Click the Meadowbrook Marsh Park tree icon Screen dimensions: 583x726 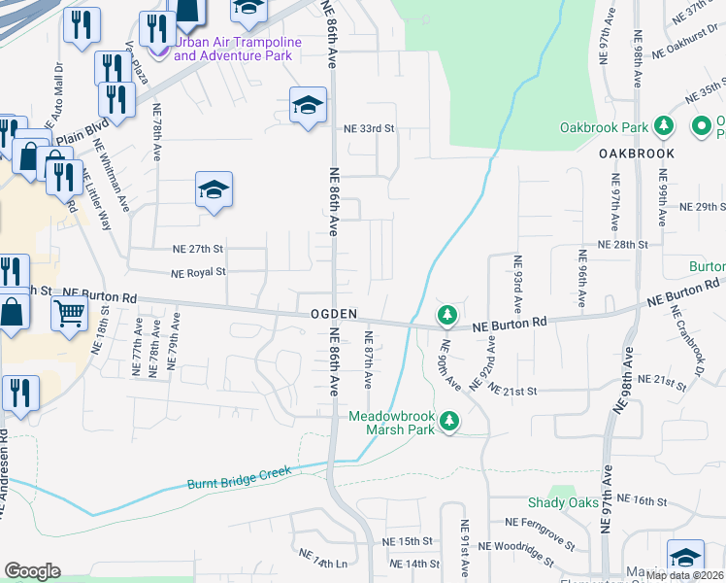(x=448, y=421)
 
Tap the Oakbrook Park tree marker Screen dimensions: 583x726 (x=664, y=126)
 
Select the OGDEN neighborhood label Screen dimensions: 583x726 (x=335, y=315)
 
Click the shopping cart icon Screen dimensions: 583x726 (x=70, y=314)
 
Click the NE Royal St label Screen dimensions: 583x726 (x=198, y=273)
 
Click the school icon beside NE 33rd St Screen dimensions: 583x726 (x=307, y=106)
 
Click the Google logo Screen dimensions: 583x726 (x=32, y=571)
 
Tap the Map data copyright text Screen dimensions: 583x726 (x=684, y=575)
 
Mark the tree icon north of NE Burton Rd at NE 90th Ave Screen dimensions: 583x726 (x=447, y=315)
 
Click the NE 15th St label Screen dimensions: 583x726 (x=407, y=541)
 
